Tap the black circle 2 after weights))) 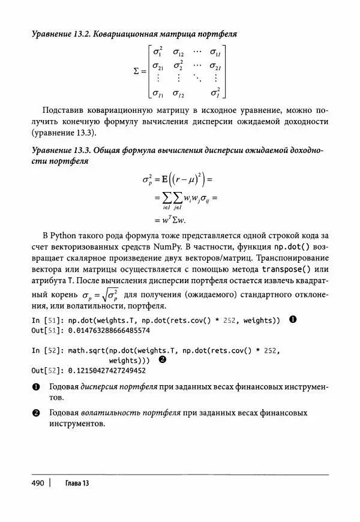coord(162,360)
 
